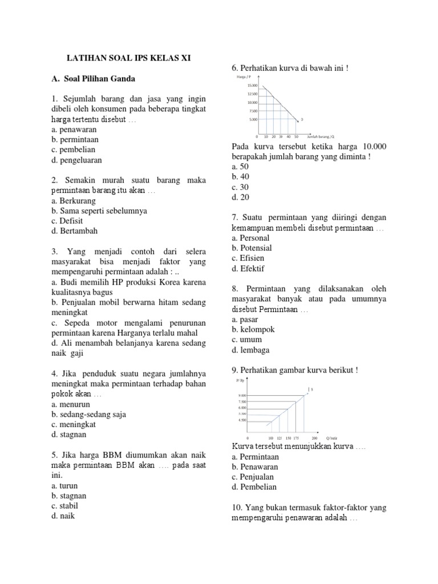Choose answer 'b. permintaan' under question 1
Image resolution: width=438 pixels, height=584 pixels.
[75, 139]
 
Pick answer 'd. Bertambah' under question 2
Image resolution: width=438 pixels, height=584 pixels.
[74, 231]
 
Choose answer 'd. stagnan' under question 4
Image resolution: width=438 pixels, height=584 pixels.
[68, 435]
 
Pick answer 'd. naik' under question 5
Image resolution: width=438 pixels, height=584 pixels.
[63, 516]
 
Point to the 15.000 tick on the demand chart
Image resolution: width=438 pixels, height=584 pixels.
[253, 85]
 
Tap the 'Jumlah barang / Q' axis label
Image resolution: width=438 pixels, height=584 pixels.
[321, 137]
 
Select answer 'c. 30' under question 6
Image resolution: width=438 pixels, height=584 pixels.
[241, 187]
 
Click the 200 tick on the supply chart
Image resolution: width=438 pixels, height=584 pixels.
[315, 438]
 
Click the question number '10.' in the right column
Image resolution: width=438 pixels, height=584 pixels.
[238, 508]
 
